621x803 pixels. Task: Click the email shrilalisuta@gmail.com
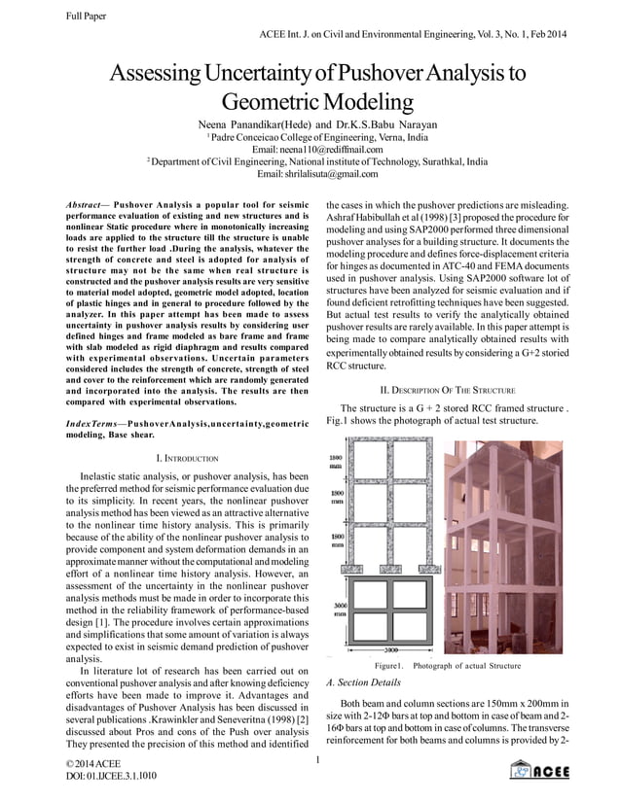coord(310,174)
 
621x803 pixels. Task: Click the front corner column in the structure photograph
coord(503,544)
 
